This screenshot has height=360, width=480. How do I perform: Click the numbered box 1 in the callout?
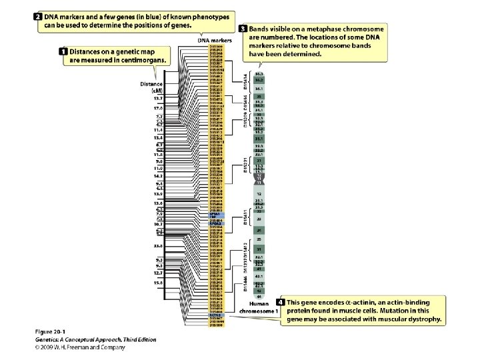63,51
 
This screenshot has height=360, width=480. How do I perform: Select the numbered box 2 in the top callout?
39,15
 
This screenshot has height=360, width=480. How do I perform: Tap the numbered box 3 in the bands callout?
243,29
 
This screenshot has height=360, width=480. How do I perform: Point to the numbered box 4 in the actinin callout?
282,303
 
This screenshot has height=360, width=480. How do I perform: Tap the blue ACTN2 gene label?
215,314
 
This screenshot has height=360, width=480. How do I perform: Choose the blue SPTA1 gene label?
215,215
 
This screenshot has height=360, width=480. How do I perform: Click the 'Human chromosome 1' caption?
259,308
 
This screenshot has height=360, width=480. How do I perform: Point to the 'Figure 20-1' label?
53,331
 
